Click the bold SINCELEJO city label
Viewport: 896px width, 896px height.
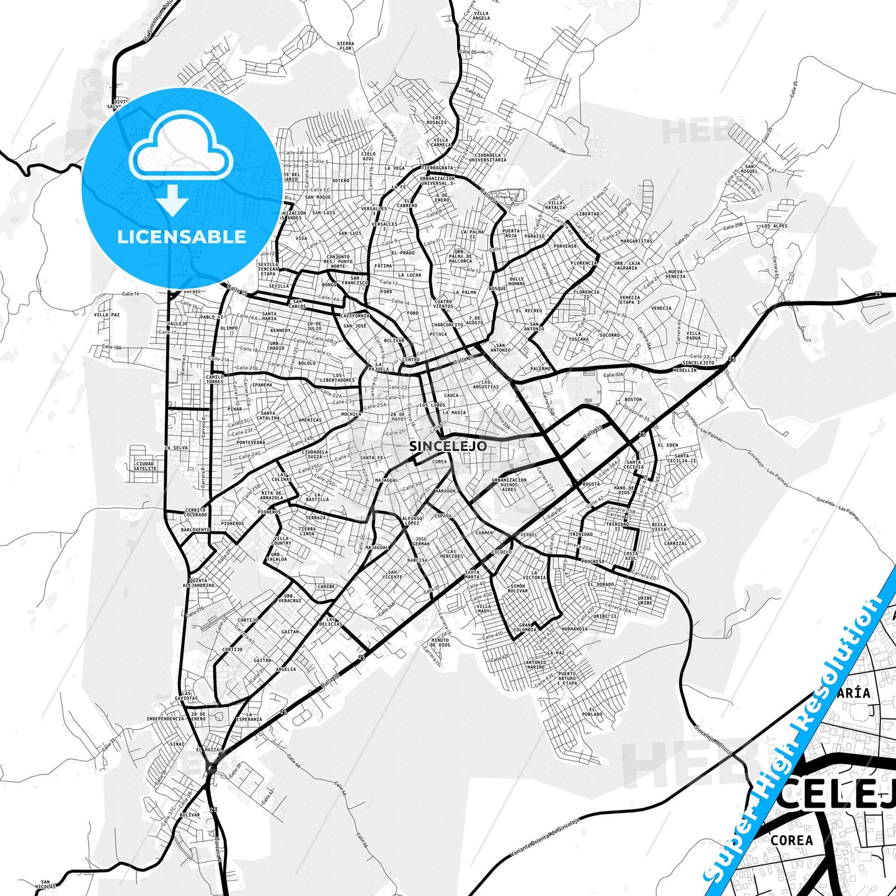coord(448,446)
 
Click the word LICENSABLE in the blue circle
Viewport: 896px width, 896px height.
coord(182,237)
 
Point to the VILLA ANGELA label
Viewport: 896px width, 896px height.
coord(481,16)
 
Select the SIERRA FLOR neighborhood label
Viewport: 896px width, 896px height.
coord(345,46)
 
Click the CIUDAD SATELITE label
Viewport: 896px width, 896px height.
coord(145,466)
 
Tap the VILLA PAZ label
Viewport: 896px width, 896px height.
coord(107,314)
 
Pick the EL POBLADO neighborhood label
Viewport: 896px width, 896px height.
coord(592,712)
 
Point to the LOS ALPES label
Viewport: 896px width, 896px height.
coord(774,226)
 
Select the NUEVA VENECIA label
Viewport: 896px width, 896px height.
coord(675,274)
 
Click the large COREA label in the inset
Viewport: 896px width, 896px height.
coord(792,840)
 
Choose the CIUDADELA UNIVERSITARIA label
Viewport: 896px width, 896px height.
coord(490,157)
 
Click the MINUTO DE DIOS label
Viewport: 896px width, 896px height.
coord(440,642)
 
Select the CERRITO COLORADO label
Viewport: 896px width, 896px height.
coord(195,512)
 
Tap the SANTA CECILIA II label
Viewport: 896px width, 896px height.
coord(681,459)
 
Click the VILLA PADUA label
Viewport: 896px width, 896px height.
coord(694,335)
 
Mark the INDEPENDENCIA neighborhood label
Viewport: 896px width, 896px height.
coord(166,719)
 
